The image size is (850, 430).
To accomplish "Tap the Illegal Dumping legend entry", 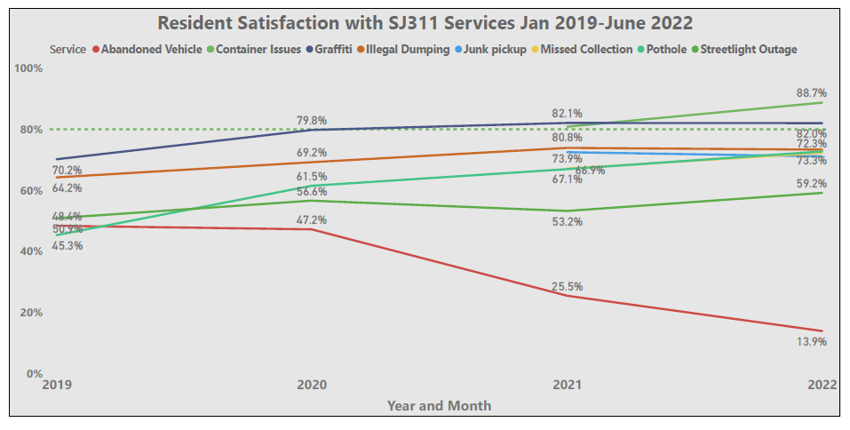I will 409,50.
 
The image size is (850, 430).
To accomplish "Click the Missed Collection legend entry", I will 585,50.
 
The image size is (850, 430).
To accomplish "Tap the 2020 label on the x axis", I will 312,386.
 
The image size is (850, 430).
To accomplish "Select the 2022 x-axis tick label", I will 822,386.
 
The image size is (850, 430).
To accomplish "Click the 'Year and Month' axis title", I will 439,405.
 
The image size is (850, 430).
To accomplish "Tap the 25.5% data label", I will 568,286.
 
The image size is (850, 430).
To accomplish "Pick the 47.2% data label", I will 312,219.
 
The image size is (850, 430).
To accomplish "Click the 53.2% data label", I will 568,222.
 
